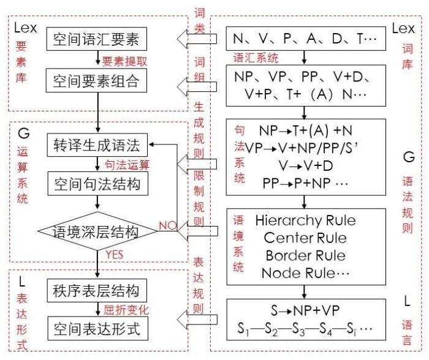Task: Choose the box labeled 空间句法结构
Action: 96,184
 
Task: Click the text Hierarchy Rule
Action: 305,220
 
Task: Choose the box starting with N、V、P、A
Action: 304,40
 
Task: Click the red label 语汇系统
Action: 256,58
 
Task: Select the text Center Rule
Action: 305,238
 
